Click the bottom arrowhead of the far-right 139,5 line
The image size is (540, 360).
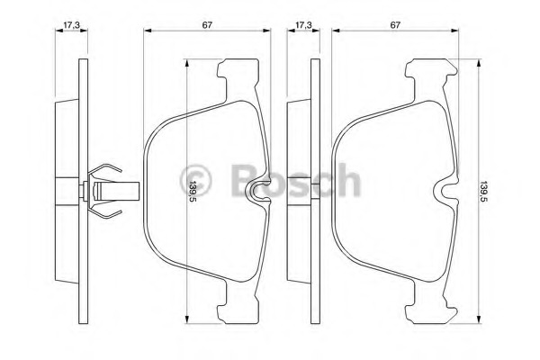(x=476, y=317)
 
